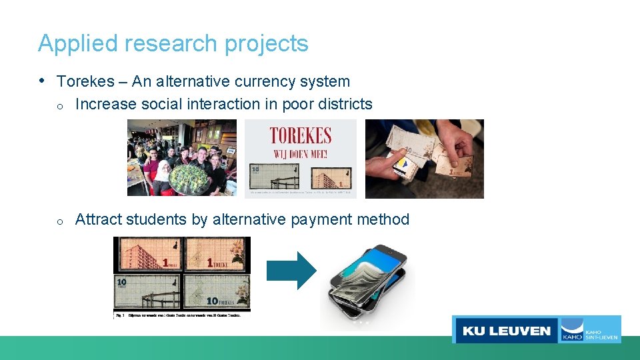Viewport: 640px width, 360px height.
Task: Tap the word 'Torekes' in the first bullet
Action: click(85, 81)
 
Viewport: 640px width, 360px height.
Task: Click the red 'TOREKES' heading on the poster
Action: click(300, 136)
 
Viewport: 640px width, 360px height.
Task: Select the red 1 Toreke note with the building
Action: click(148, 255)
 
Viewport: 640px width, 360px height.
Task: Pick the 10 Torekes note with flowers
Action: click(217, 293)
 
